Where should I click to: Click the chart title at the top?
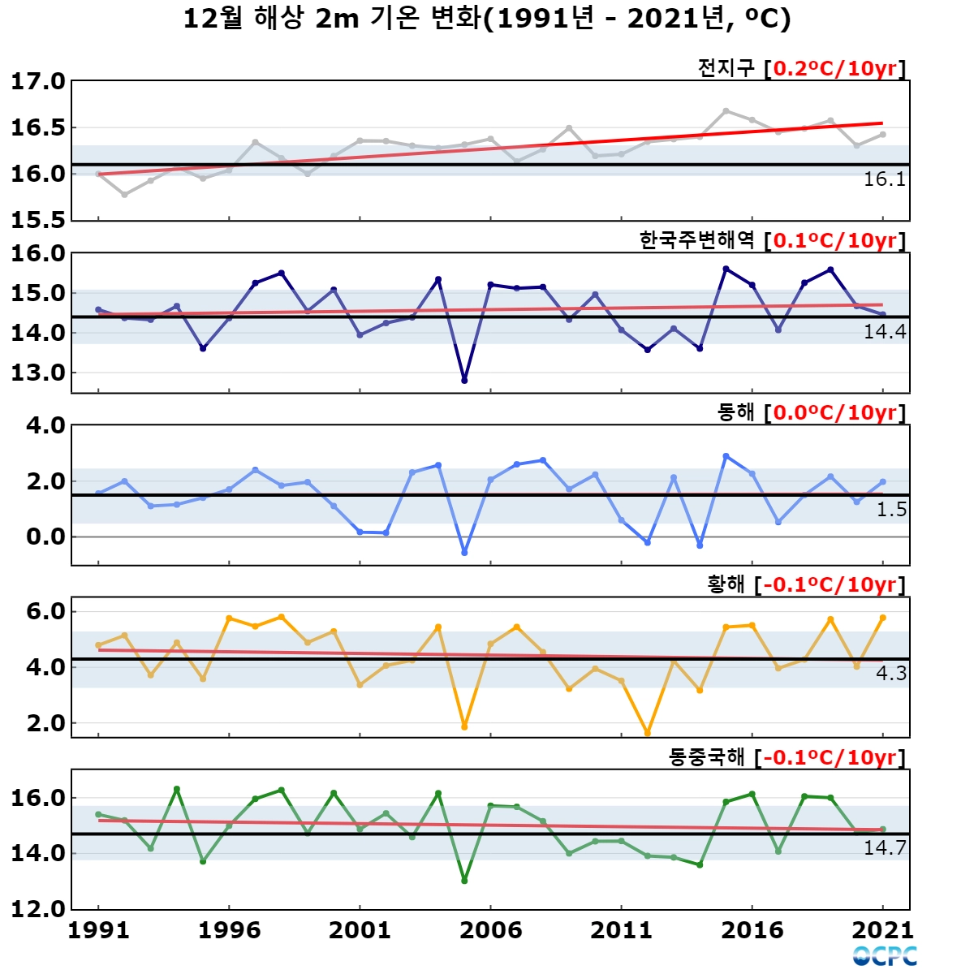coord(487,19)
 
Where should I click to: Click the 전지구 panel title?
coord(726,68)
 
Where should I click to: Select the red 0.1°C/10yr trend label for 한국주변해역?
coord(835,240)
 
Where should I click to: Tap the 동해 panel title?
coord(735,412)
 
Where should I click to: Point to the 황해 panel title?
coord(726,584)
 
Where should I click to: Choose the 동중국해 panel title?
coord(707,757)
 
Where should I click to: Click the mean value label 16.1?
coord(885,179)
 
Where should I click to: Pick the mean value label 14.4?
coord(885,332)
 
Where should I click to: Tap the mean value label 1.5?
coord(891,510)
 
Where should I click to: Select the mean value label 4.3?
coord(891,673)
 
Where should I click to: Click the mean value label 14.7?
coord(885,847)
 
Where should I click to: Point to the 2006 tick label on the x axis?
coord(490,930)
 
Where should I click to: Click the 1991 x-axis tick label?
coord(98,930)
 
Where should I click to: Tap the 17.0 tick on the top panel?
coord(38,81)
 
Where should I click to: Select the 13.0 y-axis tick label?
coord(38,373)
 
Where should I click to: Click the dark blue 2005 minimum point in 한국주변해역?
coord(464,381)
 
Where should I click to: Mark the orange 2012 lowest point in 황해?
coord(648,733)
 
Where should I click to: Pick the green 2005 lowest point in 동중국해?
coord(464,881)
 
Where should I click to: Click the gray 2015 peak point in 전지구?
coord(726,110)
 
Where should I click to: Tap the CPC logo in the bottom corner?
coord(885,956)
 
